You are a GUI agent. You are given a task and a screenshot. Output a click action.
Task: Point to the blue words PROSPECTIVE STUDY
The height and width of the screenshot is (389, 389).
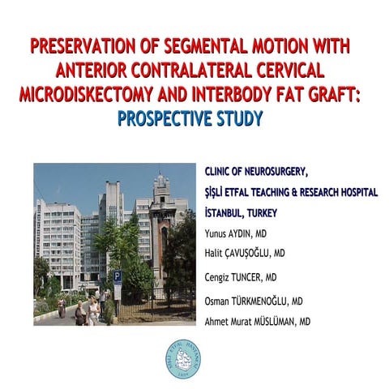(x=190, y=118)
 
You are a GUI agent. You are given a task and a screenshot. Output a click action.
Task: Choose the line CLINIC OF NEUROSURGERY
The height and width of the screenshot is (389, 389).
(x=257, y=172)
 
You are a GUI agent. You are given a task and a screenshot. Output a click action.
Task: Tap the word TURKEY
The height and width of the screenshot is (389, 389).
(x=262, y=213)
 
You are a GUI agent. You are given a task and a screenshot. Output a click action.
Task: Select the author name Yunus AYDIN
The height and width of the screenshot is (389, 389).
(x=236, y=233)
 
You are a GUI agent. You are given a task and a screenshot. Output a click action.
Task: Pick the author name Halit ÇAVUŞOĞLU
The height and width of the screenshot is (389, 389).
(x=245, y=253)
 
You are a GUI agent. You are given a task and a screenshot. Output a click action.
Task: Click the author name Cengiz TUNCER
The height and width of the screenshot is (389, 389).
(x=241, y=277)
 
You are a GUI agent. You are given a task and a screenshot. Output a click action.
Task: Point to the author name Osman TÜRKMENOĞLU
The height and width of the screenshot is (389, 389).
(x=254, y=301)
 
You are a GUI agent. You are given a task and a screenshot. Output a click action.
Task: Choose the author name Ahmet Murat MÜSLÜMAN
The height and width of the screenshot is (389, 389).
(x=258, y=322)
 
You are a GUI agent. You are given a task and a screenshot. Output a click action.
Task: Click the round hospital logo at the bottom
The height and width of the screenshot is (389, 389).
(x=183, y=359)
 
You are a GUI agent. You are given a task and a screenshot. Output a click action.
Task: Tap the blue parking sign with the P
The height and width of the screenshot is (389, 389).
(x=118, y=276)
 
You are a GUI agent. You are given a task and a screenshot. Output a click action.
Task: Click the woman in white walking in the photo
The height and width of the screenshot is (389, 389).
(x=93, y=310)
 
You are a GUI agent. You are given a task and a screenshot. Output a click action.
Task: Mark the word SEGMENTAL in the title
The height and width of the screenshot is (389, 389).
(x=206, y=46)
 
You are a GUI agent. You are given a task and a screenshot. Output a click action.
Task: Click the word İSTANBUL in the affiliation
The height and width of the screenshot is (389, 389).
(x=224, y=212)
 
